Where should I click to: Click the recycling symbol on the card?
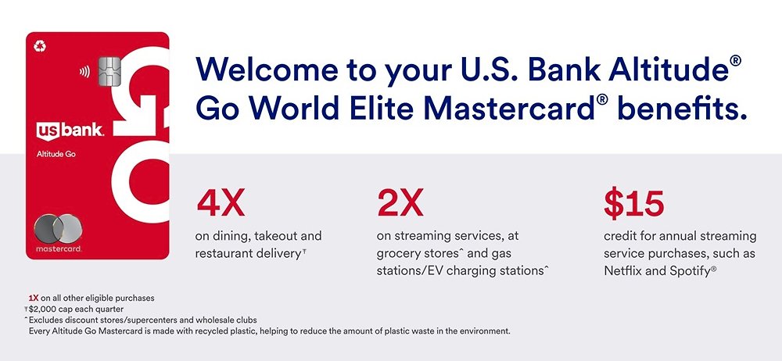40,46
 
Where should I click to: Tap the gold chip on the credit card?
109,71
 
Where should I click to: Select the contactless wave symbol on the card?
84,72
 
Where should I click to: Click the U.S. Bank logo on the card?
70,130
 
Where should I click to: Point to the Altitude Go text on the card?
56,154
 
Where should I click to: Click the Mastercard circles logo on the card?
59,229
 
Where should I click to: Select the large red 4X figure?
221,203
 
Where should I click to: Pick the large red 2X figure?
400,203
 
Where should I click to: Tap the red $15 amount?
633,203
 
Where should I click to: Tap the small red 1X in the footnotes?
34,298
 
